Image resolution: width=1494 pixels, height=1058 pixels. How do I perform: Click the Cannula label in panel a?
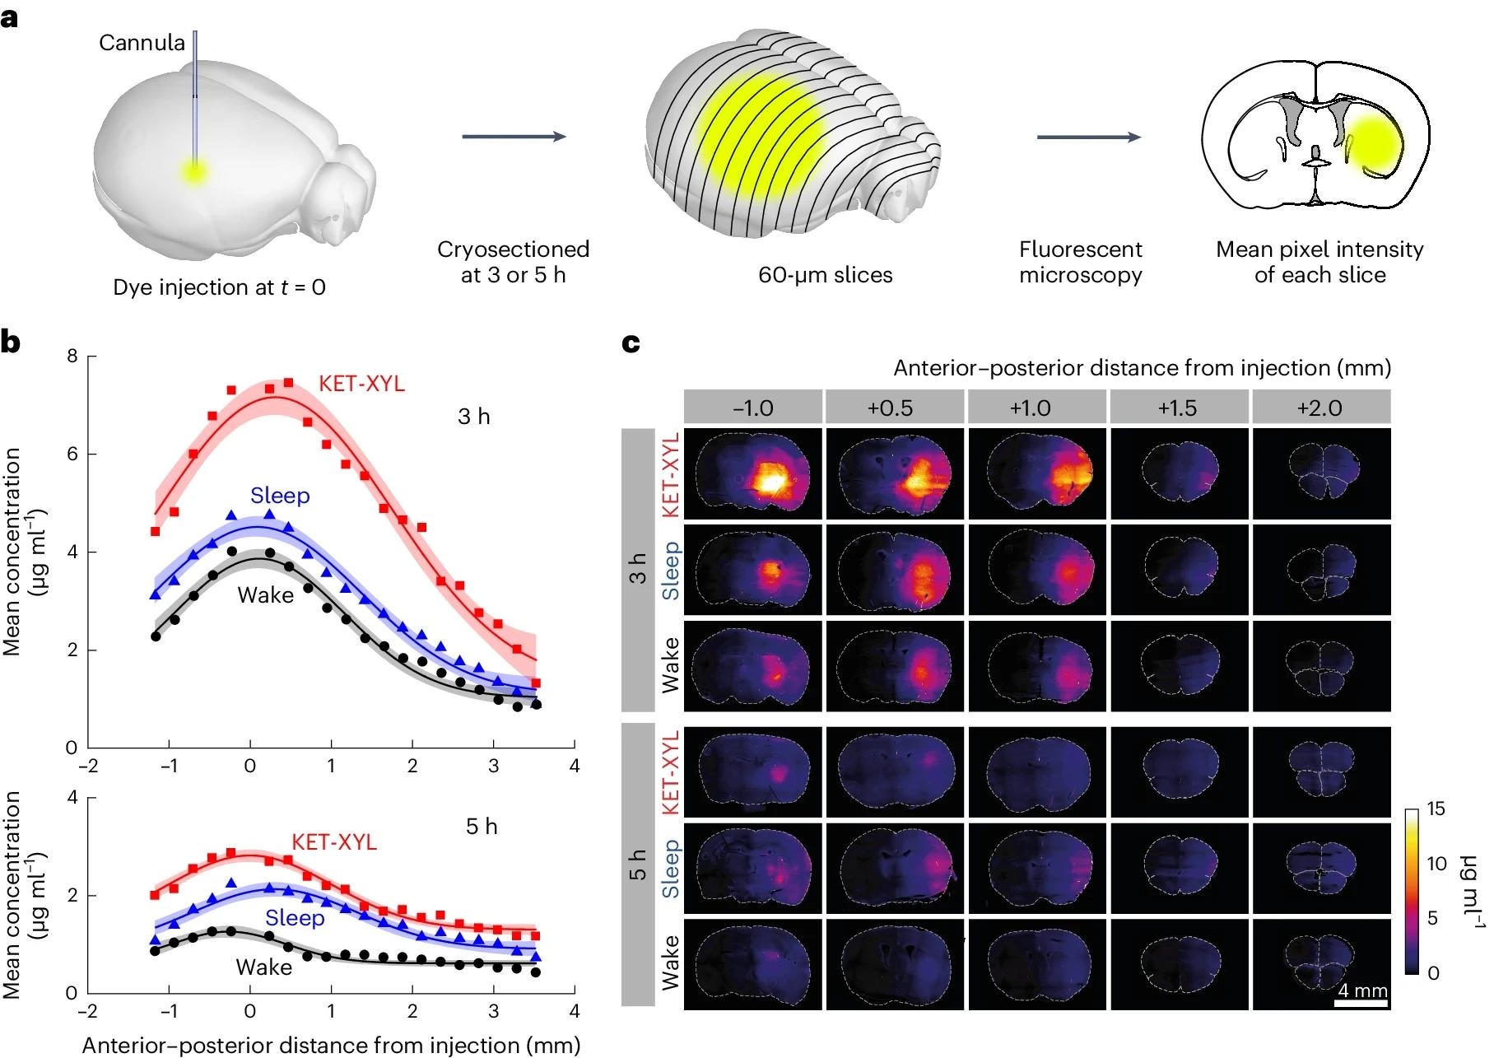coord(142,43)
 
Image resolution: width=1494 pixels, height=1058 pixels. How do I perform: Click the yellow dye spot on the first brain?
coord(195,172)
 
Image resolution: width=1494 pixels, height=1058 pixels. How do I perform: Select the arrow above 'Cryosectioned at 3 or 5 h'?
coord(514,137)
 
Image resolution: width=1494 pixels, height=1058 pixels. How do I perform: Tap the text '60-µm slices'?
coord(825,275)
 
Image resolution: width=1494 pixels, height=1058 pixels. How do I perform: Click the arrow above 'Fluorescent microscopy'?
coord(1088,137)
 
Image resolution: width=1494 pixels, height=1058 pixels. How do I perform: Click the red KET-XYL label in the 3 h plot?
coord(361,384)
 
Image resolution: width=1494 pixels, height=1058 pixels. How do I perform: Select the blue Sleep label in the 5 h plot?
coord(294,917)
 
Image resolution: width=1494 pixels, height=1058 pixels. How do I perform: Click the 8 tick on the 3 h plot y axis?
coord(72,357)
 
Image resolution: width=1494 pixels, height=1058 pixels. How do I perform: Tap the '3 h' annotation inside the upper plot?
coord(473,417)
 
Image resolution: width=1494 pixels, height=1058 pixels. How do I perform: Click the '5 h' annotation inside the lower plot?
coord(482,827)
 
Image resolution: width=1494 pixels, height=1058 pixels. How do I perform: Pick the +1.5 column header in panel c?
coord(1178,408)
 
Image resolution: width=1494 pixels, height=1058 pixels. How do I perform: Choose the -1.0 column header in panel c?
coord(752,408)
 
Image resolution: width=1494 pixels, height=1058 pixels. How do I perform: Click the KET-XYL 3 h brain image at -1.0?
coord(752,473)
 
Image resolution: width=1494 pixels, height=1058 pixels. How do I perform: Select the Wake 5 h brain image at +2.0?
coord(1320,963)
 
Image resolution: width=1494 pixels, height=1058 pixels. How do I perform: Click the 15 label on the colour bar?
coord(1436,809)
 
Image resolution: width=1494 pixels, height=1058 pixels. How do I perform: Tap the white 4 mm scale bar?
coord(1361,1004)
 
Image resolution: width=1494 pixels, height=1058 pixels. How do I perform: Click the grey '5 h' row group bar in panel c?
coord(637,865)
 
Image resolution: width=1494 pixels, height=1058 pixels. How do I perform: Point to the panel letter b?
coord(11,342)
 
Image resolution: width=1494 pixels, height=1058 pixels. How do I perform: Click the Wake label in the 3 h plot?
coord(265,595)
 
